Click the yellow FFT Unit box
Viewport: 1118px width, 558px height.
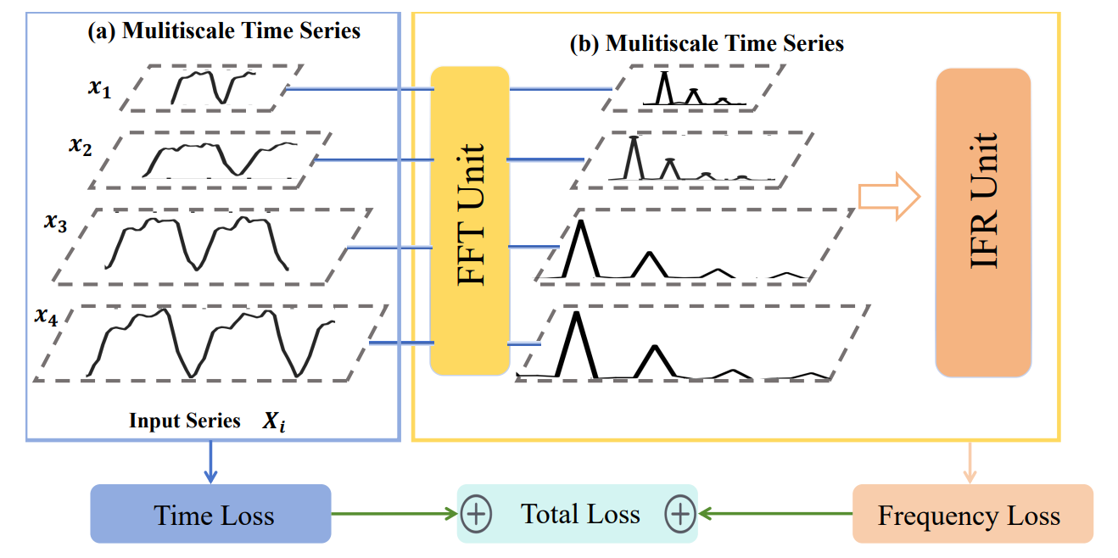pos(469,220)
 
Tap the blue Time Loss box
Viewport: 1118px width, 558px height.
pos(210,514)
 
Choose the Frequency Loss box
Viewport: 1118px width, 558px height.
pos(972,514)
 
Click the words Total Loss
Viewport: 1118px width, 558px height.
pos(580,514)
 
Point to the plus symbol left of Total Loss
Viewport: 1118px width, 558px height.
pos(476,514)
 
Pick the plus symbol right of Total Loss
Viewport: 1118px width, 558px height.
pos(680,514)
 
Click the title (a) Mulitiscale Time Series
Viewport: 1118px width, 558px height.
pos(225,31)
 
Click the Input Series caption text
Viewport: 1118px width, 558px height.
pos(185,421)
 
